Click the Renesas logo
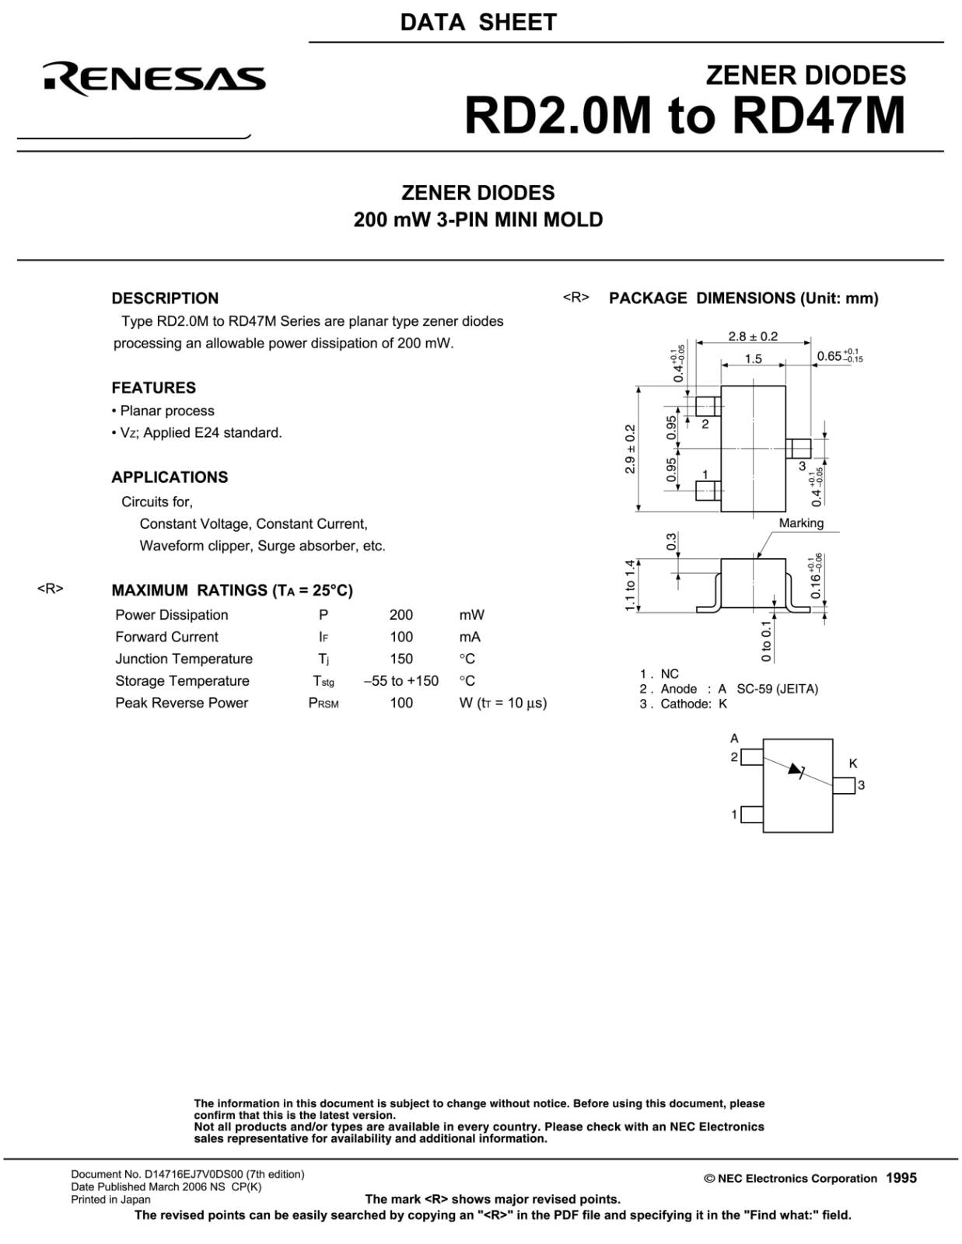pyautogui.click(x=154, y=79)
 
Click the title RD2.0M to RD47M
pyautogui.click(x=684, y=116)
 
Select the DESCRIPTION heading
pyautogui.click(x=165, y=299)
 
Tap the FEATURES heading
pyautogui.click(x=153, y=388)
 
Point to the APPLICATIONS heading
pyautogui.click(x=170, y=477)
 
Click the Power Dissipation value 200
pyautogui.click(x=401, y=615)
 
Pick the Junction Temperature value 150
pyautogui.click(x=401, y=659)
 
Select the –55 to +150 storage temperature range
pyautogui.click(x=401, y=681)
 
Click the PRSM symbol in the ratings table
pyautogui.click(x=324, y=704)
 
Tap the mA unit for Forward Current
pyautogui.click(x=470, y=638)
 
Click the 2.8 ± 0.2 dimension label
pyautogui.click(x=753, y=337)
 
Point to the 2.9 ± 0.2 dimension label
pyautogui.click(x=631, y=449)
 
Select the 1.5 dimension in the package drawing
pyautogui.click(x=753, y=359)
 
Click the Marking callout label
pyautogui.click(x=801, y=523)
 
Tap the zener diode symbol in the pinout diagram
pyautogui.click(x=796, y=771)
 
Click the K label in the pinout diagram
pyautogui.click(x=853, y=764)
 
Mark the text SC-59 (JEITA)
pyautogui.click(x=777, y=689)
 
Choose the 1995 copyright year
pyautogui.click(x=901, y=1178)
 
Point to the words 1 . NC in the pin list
pyautogui.click(x=659, y=674)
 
